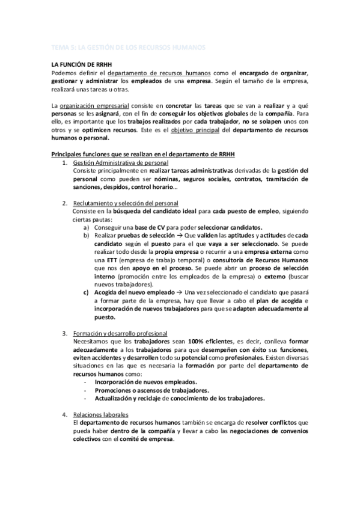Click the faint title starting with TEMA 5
pos(127,46)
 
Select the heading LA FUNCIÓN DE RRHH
pos(81,64)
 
